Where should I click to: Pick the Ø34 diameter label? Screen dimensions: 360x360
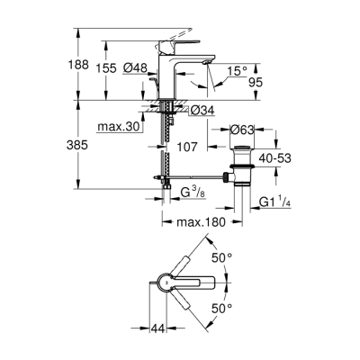tap(202, 111)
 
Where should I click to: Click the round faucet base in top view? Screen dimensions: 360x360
tap(166, 283)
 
